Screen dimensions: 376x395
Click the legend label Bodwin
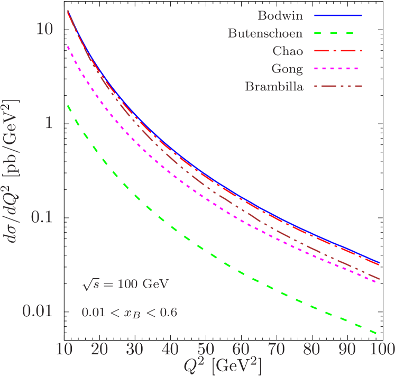[280, 16]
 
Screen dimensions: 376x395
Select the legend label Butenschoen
[265, 34]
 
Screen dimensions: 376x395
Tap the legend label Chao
[288, 51]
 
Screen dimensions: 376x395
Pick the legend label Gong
[287, 69]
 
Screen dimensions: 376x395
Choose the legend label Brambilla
[274, 87]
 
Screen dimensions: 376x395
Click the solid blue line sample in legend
[338, 16]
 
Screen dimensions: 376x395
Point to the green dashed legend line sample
[338, 34]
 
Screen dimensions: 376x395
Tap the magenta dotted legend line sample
[338, 69]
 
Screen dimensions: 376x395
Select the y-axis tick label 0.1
[40, 217]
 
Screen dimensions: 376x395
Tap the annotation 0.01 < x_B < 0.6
[129, 313]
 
